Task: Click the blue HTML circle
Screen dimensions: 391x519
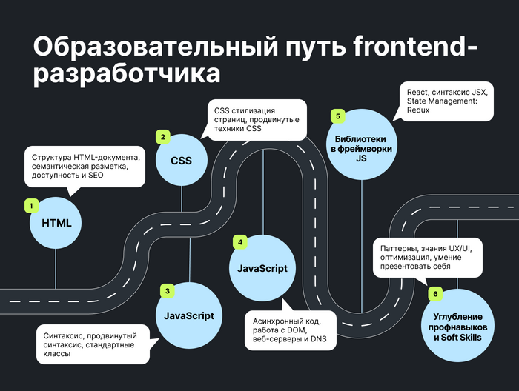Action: [56, 223]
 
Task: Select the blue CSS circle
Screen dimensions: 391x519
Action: [182, 161]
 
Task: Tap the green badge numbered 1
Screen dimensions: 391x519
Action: [31, 204]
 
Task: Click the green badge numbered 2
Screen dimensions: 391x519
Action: [162, 136]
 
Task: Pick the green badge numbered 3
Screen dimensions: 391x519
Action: [168, 291]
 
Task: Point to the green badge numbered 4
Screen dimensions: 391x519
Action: [239, 242]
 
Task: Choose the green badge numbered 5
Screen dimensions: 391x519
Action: [337, 116]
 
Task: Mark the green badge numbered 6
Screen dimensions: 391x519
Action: [435, 294]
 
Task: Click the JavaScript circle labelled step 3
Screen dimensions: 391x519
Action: [188, 315]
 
